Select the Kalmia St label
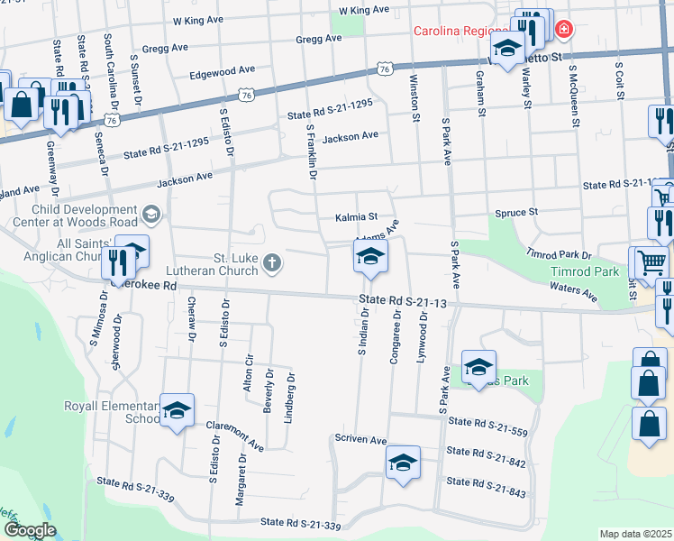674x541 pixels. [356, 217]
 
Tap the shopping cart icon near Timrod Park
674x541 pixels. [651, 262]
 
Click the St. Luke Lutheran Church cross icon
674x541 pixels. [271, 263]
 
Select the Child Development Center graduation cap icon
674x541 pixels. [151, 214]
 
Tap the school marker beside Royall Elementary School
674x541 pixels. [178, 410]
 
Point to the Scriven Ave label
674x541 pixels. [360, 439]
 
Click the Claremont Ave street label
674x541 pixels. [234, 436]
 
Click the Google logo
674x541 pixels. [31, 530]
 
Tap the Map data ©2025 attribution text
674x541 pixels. [635, 534]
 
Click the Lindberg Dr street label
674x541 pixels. [290, 397]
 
